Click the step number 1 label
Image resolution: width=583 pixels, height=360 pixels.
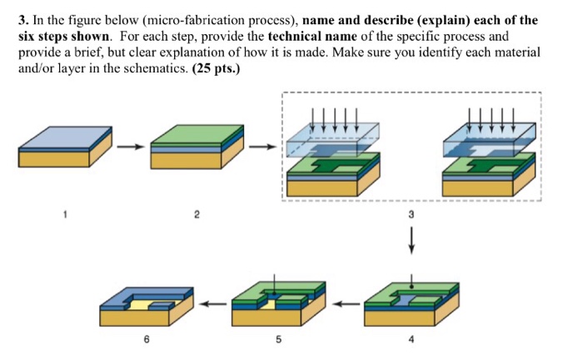coord(64,215)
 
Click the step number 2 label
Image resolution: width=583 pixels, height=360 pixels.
coord(197,215)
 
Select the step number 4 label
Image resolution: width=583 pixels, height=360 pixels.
coord(411,340)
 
